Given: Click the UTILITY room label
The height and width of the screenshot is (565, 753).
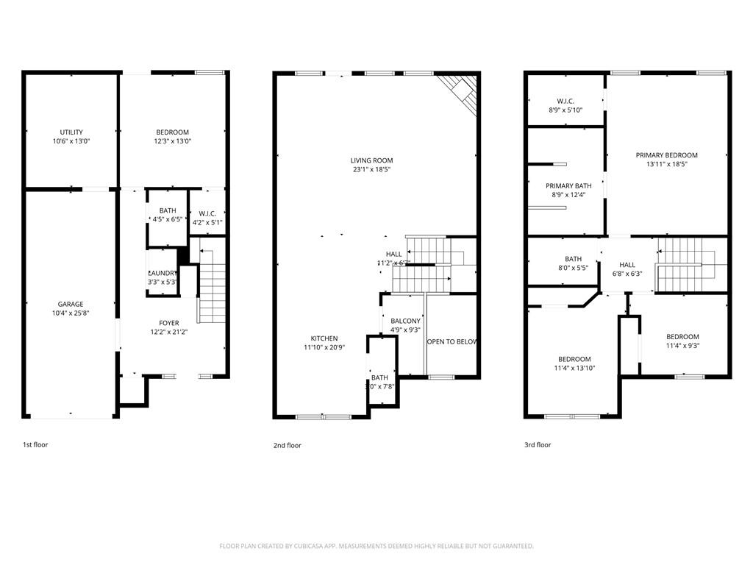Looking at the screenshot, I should (71, 132).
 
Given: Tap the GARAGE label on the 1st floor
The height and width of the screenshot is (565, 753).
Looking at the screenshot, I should (71, 304).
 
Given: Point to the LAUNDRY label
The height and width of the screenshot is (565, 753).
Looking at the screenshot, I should (163, 273).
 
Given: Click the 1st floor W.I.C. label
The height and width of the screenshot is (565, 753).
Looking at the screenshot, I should (207, 213).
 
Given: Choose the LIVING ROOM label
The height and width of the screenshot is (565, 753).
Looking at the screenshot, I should (371, 160).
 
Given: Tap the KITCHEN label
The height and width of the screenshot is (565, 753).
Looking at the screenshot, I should (321, 338).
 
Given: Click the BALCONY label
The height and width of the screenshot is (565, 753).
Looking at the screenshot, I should (405, 321).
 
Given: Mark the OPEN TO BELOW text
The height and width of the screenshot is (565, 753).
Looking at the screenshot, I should (452, 342).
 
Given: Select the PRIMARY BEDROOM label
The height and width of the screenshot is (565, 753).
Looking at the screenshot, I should (666, 155).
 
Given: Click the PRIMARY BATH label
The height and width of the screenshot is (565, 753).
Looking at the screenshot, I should (568, 186).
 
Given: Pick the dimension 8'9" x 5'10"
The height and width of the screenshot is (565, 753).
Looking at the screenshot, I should (565, 110).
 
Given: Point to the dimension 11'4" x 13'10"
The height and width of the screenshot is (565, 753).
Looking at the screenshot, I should (574, 368).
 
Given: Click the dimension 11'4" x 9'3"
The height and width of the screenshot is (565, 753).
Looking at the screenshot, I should (682, 346).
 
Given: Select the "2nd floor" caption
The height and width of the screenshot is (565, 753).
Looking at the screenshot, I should (287, 445).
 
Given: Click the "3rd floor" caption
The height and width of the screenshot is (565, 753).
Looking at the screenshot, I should (538, 445).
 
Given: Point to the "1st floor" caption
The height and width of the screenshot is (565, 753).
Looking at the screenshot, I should (35, 444).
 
